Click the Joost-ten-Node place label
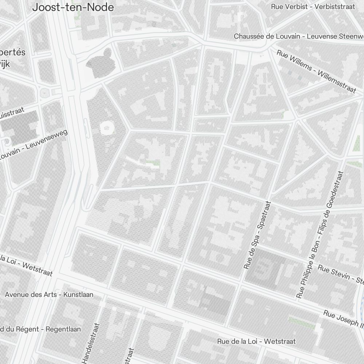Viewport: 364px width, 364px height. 73,7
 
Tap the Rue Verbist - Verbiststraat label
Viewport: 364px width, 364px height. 313,7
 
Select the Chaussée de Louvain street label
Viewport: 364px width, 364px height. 298,36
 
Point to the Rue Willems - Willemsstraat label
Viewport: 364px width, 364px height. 316,71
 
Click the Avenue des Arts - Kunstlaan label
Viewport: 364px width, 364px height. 49,294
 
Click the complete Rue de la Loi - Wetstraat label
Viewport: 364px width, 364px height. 256,341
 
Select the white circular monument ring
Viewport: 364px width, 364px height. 107,127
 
